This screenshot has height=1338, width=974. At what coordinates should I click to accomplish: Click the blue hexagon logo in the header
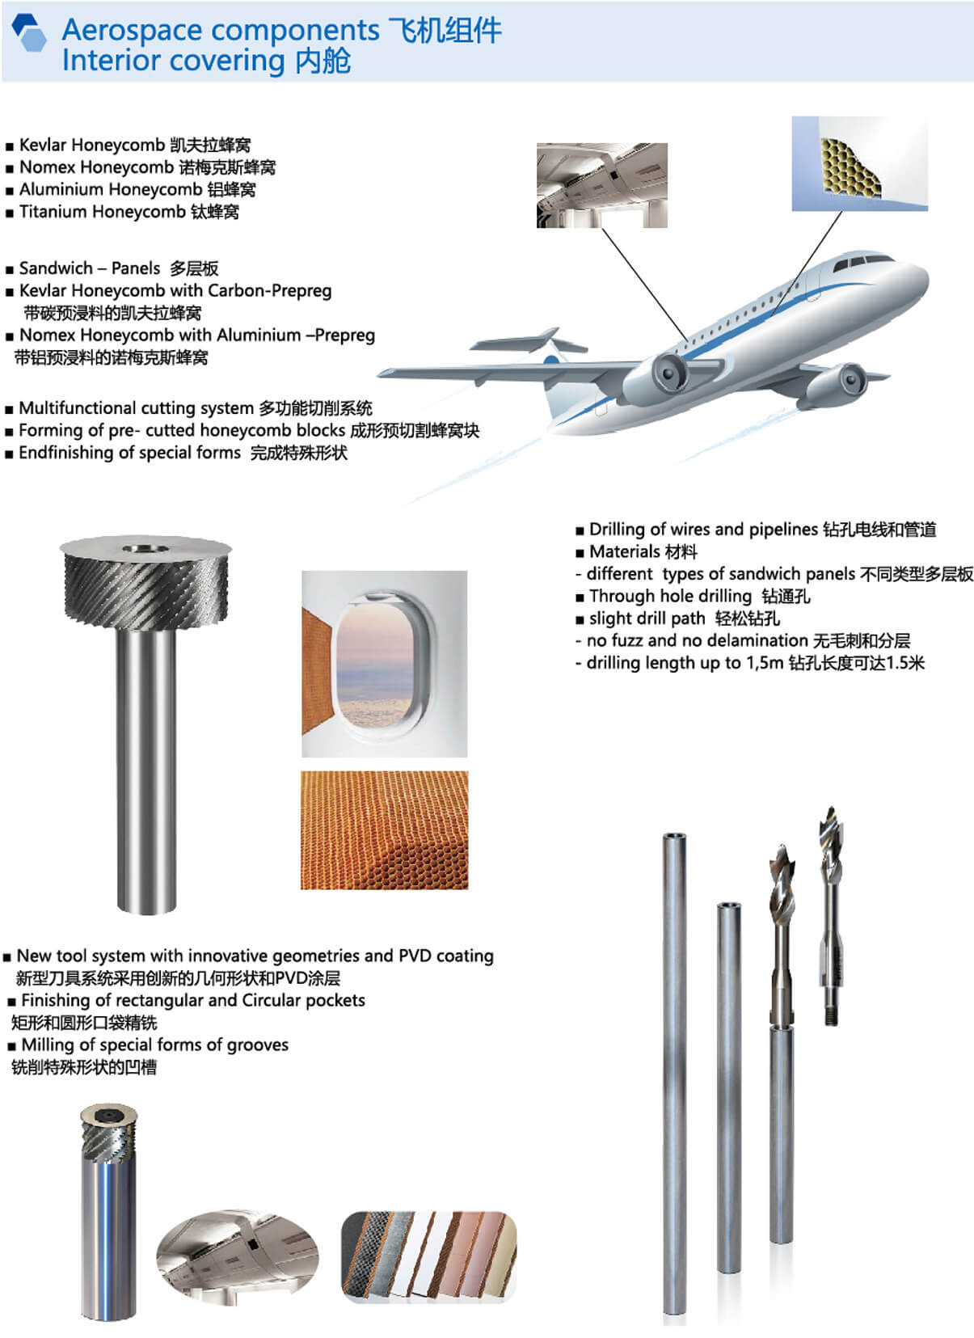pos(29,33)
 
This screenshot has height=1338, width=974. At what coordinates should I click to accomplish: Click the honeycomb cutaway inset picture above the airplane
pos(859,163)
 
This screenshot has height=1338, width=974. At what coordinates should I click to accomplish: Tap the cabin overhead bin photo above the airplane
pos(602,185)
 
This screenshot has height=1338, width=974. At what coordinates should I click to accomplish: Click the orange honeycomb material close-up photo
pos(384,829)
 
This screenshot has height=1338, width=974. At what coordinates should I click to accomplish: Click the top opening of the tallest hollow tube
pos(674,836)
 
